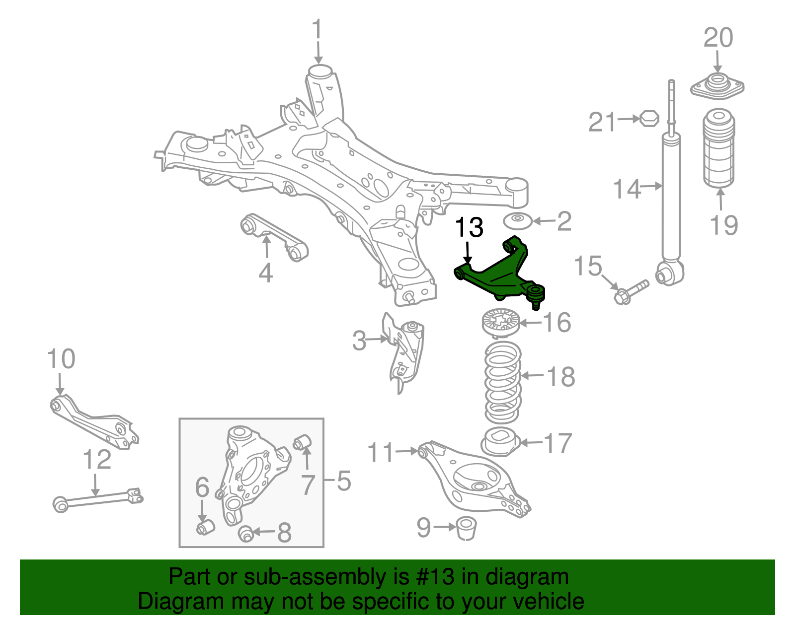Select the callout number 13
(469, 227)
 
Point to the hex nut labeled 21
(649, 119)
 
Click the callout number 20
(718, 38)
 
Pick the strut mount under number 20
(717, 87)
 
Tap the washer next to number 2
(518, 221)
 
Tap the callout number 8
(284, 533)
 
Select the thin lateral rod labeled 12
(97, 498)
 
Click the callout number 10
(61, 359)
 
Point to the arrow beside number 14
(651, 187)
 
